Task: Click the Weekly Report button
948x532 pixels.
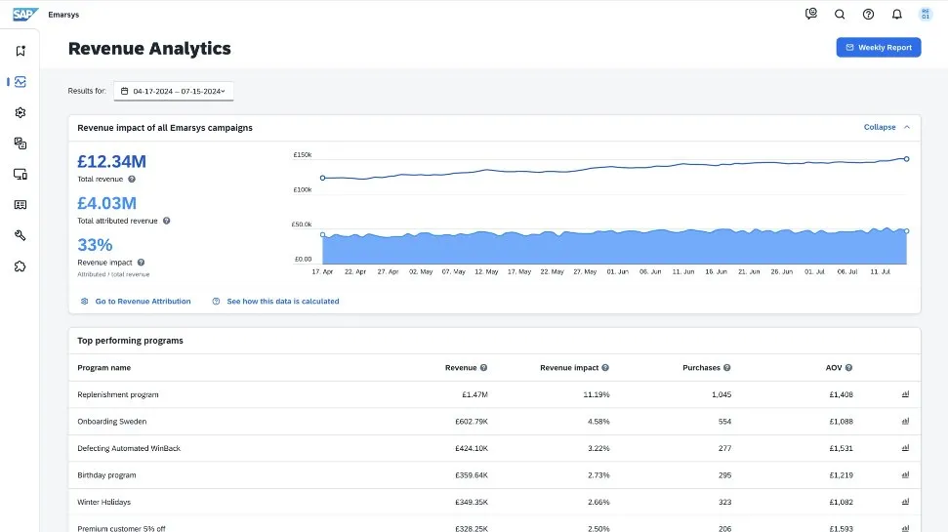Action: pos(878,47)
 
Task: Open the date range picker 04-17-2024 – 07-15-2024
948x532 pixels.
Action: pos(174,91)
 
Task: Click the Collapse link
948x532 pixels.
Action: pos(880,127)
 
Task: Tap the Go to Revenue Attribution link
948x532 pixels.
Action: pos(143,302)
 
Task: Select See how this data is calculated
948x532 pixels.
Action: pos(282,302)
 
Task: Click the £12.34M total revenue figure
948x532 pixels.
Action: pos(112,161)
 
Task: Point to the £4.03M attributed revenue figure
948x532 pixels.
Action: pos(107,203)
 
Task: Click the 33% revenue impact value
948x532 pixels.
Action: pos(95,245)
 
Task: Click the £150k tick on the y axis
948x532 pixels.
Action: pos(302,155)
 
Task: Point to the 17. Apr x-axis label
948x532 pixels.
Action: pos(322,271)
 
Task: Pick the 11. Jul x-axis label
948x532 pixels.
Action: pos(880,271)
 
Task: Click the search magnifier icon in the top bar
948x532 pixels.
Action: pos(840,15)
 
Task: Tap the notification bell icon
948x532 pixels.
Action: pos(896,15)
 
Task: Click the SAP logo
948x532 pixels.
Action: pos(23,15)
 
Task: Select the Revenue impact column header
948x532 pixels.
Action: pos(569,368)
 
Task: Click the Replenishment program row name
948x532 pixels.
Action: pos(118,394)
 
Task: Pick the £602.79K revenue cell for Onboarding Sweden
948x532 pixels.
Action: pos(471,422)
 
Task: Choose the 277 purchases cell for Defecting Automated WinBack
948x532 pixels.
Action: pos(723,448)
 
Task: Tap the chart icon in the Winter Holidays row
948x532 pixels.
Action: pos(905,502)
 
